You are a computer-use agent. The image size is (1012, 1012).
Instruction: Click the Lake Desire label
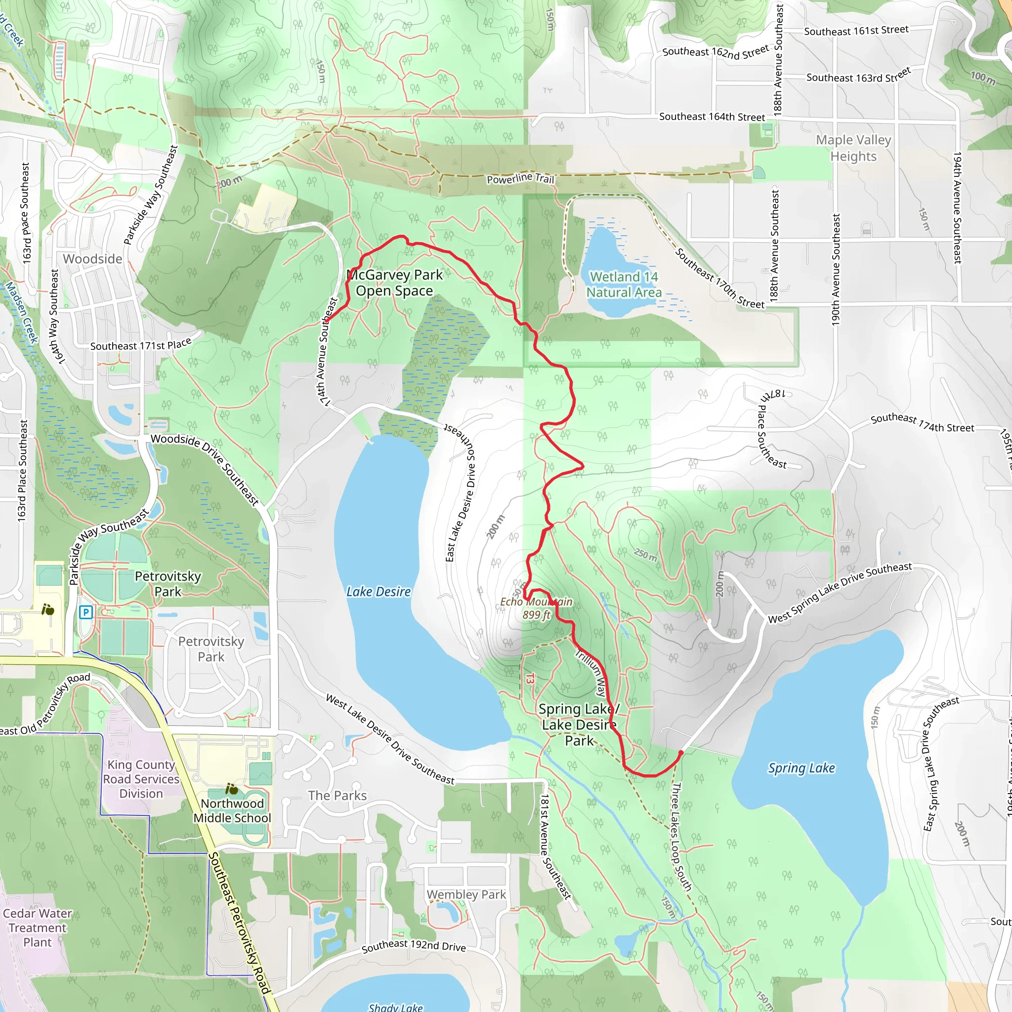pos(378,592)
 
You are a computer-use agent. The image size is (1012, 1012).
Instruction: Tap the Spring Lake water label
pos(801,768)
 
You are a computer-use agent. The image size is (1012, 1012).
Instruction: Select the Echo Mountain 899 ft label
pos(536,608)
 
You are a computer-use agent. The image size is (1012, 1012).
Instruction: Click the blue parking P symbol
pos(86,612)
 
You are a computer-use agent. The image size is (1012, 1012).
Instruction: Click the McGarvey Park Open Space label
pos(394,283)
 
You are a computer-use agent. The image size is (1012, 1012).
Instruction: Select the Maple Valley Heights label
pos(853,148)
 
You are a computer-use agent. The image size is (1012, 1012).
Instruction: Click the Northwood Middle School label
pos(232,810)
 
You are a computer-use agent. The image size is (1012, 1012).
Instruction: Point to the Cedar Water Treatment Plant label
pos(37,928)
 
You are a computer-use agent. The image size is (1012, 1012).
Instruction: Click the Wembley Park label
pos(465,895)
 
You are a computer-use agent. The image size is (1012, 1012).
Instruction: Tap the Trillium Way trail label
pos(592,673)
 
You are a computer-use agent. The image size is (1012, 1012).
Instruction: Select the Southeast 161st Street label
pos(856,31)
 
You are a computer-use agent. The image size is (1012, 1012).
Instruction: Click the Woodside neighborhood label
pos(93,259)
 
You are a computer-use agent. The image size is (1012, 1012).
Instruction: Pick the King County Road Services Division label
pos(141,779)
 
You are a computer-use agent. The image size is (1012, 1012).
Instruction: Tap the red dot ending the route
pos(680,752)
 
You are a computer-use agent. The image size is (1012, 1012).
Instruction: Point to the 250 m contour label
pos(645,555)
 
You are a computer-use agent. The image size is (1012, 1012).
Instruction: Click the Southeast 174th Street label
pos(922,423)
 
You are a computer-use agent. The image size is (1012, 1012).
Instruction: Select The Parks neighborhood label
pos(337,795)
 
